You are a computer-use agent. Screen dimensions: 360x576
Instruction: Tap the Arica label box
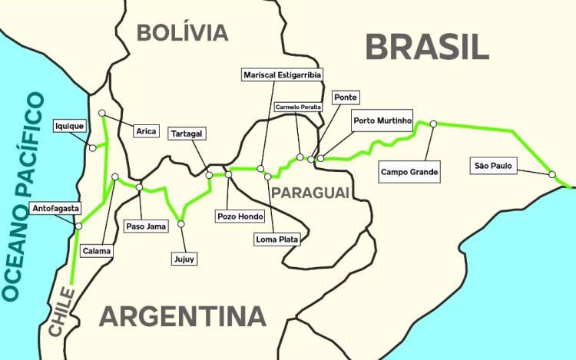coord(146,131)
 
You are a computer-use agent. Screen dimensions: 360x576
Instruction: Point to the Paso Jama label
coord(146,226)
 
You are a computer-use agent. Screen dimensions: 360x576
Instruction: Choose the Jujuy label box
coord(184,259)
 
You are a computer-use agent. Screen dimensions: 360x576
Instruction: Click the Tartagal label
coord(187,133)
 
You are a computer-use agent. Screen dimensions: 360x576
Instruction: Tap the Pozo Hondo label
coord(241,216)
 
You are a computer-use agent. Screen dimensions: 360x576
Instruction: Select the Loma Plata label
coord(276,239)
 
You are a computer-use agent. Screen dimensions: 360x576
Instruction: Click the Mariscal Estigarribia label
coord(282,74)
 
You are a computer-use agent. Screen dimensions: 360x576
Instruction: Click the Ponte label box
coord(346,97)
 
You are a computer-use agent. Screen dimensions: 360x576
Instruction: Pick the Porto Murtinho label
coord(383,121)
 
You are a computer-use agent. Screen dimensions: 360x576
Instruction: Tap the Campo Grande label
coord(410,172)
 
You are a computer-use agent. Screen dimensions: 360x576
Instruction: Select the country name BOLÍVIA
coord(182,32)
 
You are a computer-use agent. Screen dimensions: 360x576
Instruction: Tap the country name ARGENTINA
coord(182,316)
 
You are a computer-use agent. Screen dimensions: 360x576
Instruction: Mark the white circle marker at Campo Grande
coord(433,124)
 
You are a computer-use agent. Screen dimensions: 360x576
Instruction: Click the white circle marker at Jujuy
coord(181,224)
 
